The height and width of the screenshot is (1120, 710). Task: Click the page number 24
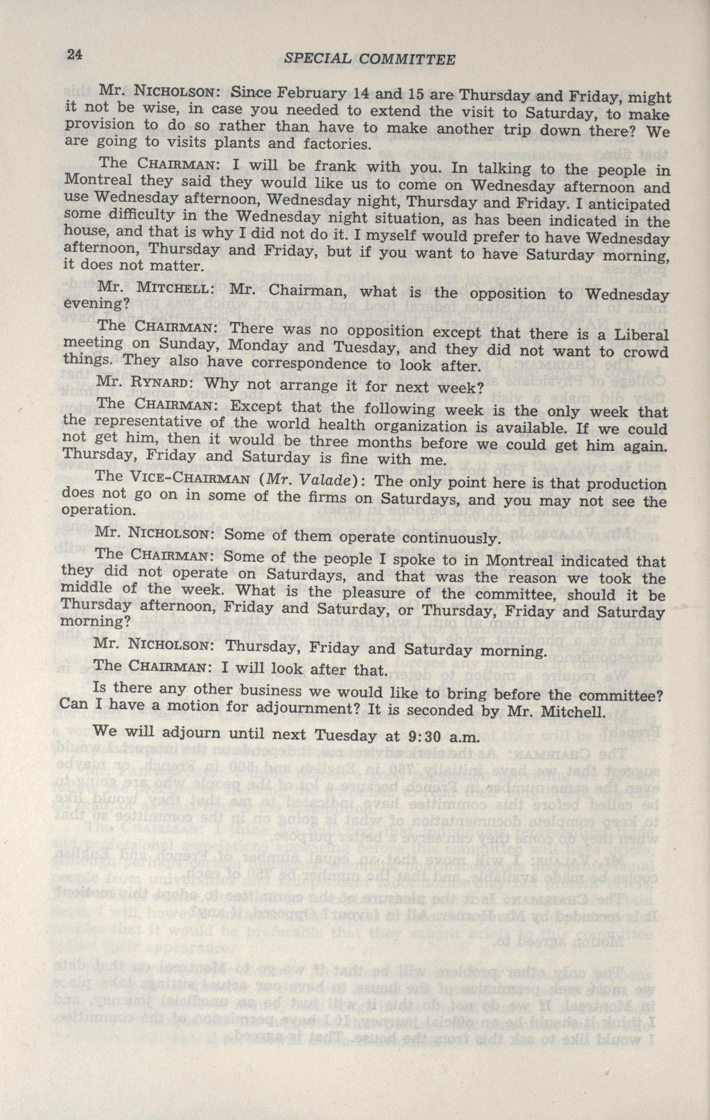75,54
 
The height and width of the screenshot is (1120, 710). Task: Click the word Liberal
641,335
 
